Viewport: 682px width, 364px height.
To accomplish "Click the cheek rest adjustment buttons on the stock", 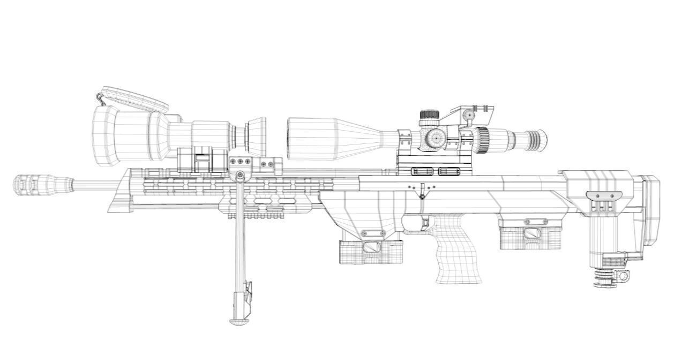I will (601, 206).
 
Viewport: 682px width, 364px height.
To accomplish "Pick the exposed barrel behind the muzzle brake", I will (96, 185).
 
